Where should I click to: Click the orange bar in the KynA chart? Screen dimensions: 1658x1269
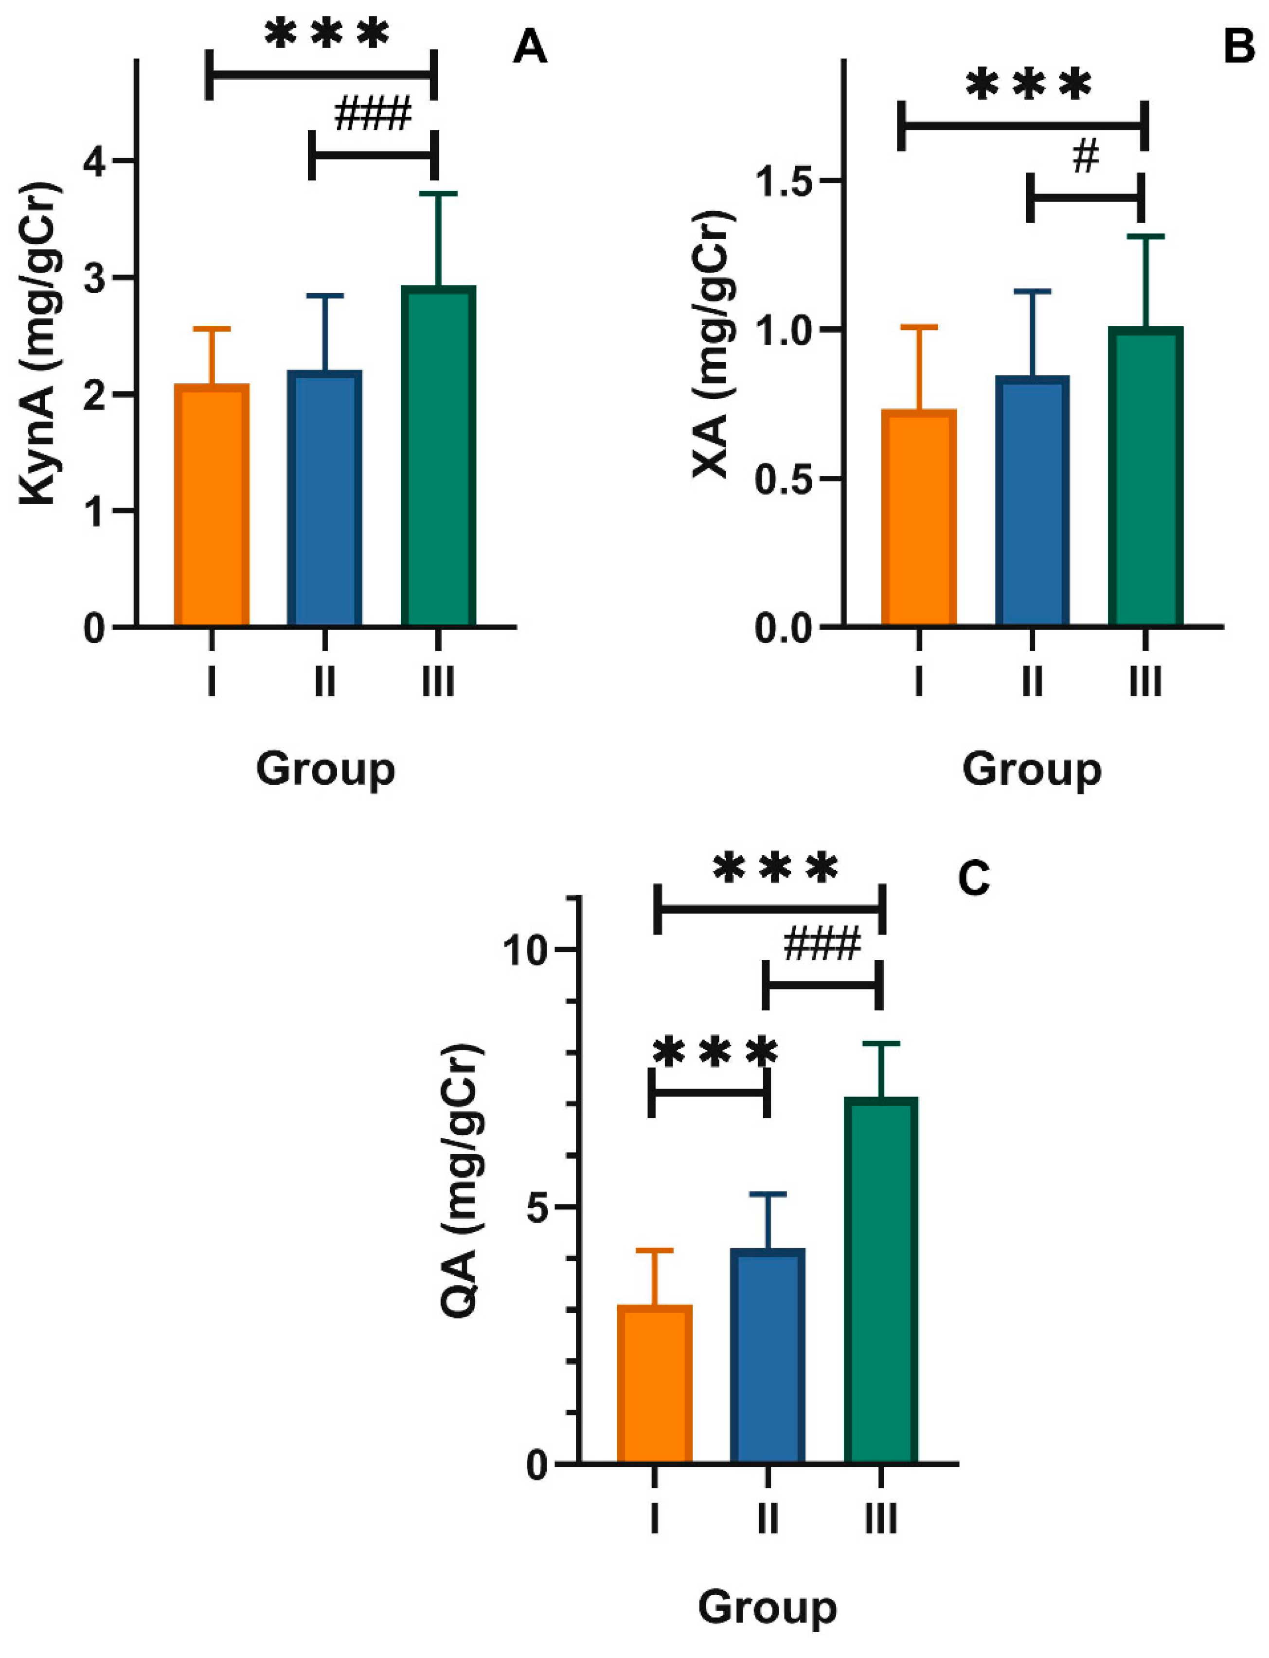tap(212, 505)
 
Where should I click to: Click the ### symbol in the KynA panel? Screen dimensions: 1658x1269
tap(373, 115)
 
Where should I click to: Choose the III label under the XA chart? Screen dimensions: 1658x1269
tap(1145, 682)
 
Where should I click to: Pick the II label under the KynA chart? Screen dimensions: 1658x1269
tap(325, 682)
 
